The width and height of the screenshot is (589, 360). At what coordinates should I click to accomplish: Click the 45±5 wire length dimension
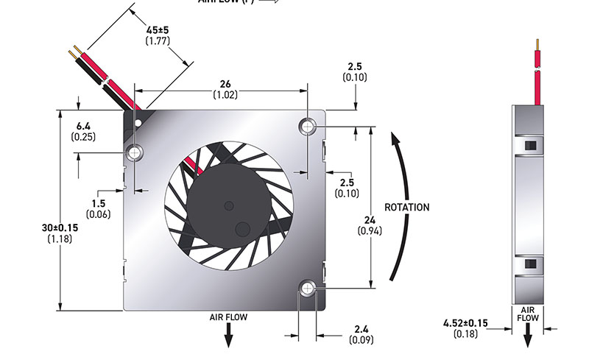[158, 29]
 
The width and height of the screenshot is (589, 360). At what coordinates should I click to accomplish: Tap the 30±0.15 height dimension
[61, 228]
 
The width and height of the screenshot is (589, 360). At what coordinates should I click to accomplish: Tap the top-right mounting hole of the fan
[307, 127]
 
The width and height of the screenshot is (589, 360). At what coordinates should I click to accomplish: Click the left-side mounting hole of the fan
[135, 153]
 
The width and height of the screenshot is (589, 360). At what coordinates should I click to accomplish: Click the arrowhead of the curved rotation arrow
[396, 138]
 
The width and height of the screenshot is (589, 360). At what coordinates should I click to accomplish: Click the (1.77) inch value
[158, 41]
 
